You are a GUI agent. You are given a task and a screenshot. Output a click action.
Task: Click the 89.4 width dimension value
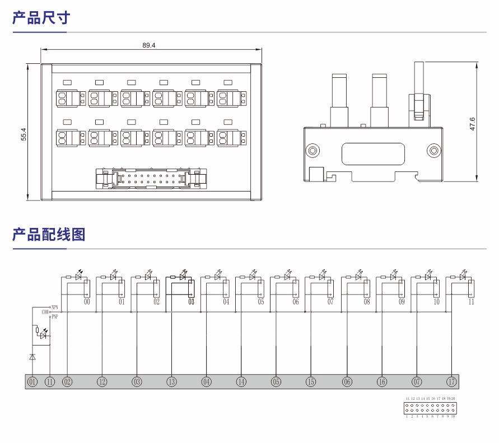click(x=148, y=45)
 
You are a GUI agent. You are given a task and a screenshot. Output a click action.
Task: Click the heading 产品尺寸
click(x=41, y=17)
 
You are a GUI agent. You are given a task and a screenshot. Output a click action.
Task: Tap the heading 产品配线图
click(x=49, y=234)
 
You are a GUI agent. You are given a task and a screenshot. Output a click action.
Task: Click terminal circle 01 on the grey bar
click(x=32, y=382)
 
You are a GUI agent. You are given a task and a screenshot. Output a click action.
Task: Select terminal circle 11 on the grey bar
click(x=50, y=382)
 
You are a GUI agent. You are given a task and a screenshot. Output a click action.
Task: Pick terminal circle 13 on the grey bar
click(x=171, y=382)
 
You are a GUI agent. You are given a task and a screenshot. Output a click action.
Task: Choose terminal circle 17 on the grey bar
click(x=451, y=382)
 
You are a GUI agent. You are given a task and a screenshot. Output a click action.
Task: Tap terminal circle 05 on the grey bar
click(x=276, y=382)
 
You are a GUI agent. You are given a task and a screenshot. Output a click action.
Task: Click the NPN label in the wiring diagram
click(x=54, y=307)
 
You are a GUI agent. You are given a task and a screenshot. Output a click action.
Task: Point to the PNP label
click(x=54, y=316)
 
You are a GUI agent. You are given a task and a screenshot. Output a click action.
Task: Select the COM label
click(x=45, y=311)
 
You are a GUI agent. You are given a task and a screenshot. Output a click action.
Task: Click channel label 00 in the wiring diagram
click(x=87, y=302)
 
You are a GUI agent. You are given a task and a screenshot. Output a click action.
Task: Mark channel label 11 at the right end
click(x=471, y=302)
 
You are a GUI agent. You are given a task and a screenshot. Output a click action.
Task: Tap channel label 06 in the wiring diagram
click(x=296, y=302)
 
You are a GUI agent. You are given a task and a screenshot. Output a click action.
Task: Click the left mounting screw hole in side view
click(x=312, y=150)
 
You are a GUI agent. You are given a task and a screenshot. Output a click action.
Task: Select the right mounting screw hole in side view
click(x=433, y=150)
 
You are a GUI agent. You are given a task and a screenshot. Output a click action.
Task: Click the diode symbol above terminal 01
click(x=32, y=356)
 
